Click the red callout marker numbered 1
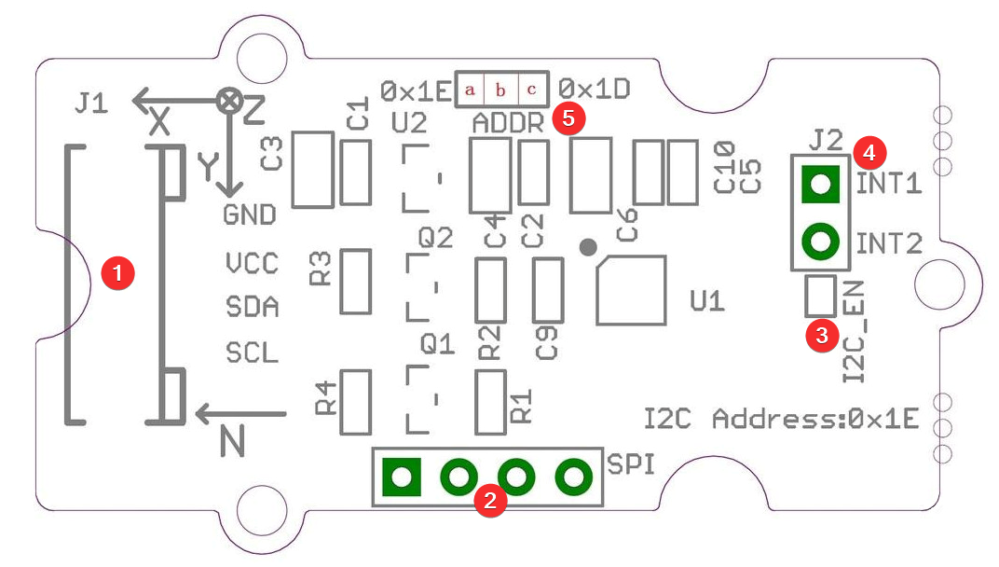117,273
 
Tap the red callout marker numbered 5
569,118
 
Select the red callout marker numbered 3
822,335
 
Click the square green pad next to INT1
820,185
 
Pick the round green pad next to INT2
820,242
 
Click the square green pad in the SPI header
402,477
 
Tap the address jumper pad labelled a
470,90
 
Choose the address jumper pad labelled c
532,90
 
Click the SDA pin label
253,307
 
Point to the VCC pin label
253,263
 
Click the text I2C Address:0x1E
782,419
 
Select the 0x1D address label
595,89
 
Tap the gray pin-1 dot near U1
588,247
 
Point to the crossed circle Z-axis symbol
228,100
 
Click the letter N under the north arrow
233,441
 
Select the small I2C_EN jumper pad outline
820,275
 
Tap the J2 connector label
826,140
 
